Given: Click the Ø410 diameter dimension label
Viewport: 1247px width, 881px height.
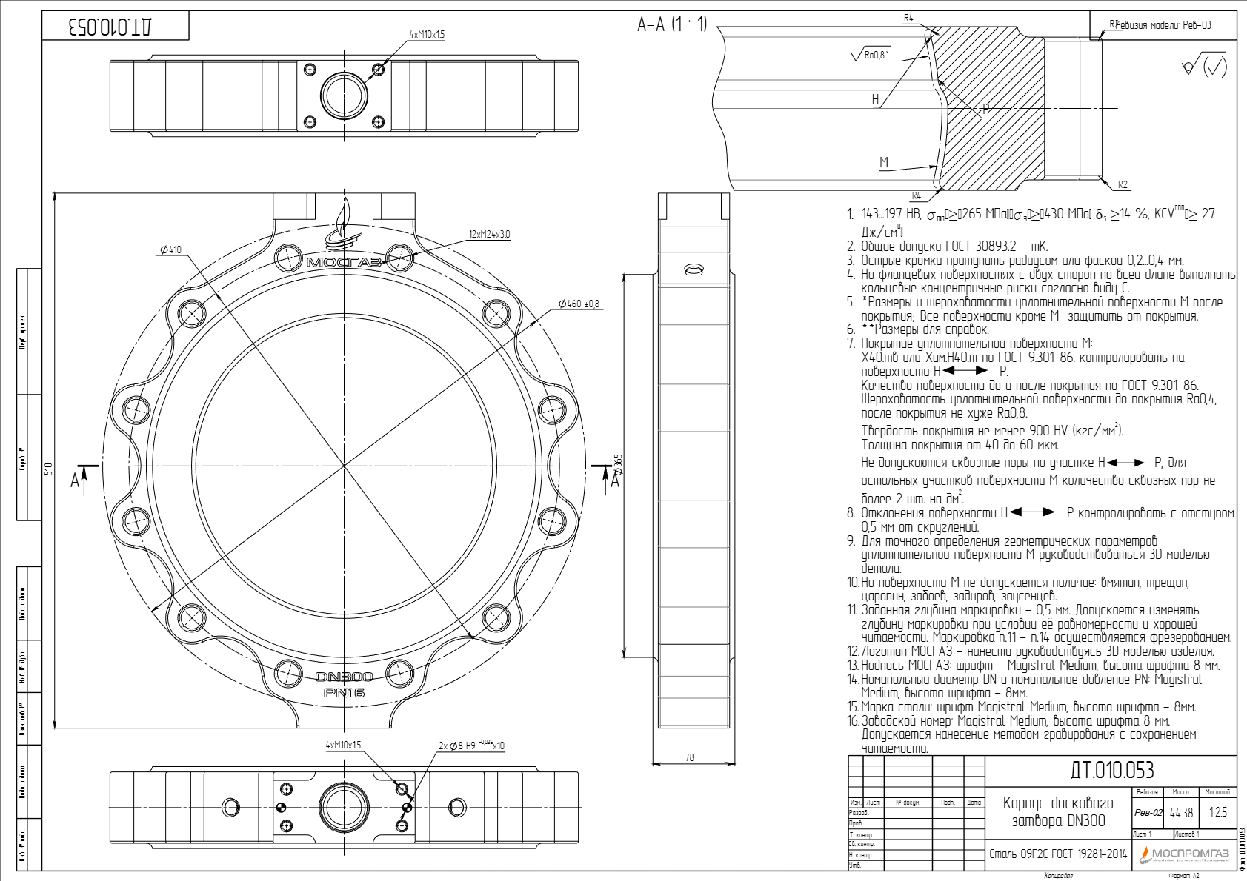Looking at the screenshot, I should [x=170, y=250].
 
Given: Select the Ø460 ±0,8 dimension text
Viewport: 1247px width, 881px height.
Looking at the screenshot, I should [x=579, y=304].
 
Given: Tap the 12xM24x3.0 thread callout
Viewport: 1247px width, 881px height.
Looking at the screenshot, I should [x=489, y=235].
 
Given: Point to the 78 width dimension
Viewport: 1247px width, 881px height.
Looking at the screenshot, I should [x=689, y=757].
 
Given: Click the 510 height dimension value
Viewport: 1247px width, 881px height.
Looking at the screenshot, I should [x=49, y=469].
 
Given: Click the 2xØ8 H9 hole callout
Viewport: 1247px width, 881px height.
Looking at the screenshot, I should [x=471, y=746].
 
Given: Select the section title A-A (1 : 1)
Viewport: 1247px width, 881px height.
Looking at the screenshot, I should [x=672, y=24].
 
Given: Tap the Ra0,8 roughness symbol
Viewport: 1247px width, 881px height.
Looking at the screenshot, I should [x=877, y=55].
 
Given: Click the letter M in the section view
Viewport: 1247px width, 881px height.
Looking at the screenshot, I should [x=883, y=162].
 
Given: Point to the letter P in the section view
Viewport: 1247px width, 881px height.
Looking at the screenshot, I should [x=985, y=110].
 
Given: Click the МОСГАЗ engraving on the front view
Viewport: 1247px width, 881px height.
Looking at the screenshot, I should [x=344, y=262].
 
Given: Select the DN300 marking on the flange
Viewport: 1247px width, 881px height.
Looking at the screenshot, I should [x=344, y=677].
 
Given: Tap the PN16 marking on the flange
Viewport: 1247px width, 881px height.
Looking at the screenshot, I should [x=344, y=693].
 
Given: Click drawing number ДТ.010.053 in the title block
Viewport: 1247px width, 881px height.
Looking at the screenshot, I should [x=1111, y=771].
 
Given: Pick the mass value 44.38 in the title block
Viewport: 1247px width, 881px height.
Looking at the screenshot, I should [x=1181, y=813].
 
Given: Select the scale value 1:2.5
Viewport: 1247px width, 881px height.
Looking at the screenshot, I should [x=1217, y=813].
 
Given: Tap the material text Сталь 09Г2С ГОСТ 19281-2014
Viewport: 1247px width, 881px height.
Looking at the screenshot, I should [x=1057, y=854].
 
